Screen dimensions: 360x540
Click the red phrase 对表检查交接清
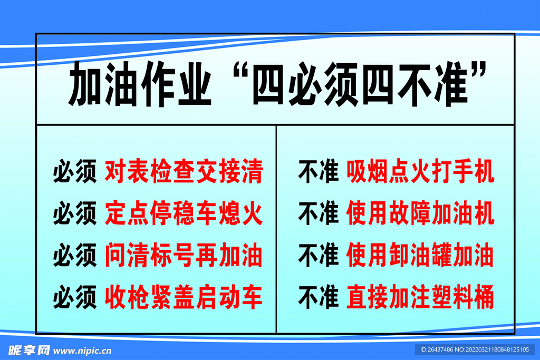[184, 172]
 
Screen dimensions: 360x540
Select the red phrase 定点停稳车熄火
[184, 214]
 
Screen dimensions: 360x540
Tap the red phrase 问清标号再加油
[184, 256]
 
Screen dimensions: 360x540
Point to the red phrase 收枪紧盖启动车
[184, 297]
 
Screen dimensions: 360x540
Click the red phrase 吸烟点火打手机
[420, 172]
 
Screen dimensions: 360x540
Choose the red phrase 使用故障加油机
[420, 214]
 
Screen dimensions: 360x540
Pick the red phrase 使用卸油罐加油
[420, 256]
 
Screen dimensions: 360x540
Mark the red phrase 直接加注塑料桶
[420, 297]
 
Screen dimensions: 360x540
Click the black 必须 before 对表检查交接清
[74, 172]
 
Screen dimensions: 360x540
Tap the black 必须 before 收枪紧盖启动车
[74, 298]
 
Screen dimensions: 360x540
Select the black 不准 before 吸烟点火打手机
[318, 172]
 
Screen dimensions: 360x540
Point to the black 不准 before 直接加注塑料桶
[318, 298]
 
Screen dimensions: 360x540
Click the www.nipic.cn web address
[83, 350]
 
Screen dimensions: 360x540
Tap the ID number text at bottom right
[475, 349]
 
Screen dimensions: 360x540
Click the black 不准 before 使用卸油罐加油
[318, 256]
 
